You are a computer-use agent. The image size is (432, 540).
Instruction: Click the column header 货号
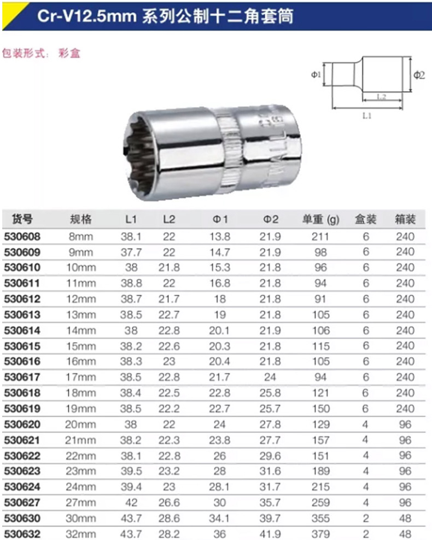[x=22, y=219]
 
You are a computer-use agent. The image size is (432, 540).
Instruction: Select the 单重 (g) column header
[x=321, y=219]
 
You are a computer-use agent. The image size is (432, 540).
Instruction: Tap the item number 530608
[x=22, y=237]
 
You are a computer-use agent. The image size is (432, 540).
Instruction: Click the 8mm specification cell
[x=81, y=237]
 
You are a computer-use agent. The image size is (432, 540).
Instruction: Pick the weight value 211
[x=320, y=237]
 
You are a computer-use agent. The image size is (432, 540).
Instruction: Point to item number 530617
[x=22, y=377]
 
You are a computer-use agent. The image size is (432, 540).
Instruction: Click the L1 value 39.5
[x=131, y=471]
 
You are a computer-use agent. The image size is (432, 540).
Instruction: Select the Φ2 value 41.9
[x=270, y=534]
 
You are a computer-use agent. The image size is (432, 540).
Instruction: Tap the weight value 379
[x=320, y=534]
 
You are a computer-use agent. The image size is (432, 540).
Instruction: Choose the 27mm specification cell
[x=81, y=502]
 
